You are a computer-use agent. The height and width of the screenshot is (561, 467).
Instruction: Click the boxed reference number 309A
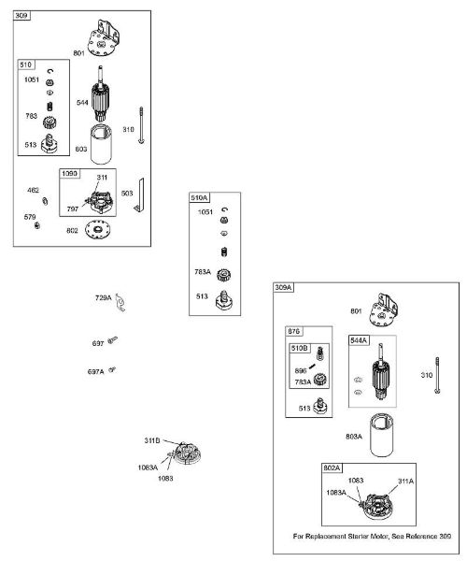pos(283,287)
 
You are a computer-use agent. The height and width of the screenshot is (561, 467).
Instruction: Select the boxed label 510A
pos(199,197)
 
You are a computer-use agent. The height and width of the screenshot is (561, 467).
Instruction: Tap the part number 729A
pos(104,297)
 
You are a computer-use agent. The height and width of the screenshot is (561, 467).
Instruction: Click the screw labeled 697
pos(113,339)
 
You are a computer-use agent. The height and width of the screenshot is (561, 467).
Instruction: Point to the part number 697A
pos(96,372)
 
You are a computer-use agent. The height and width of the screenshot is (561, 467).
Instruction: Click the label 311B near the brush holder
pos(152,440)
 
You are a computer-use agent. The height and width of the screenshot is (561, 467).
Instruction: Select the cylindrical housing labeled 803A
pos(382,435)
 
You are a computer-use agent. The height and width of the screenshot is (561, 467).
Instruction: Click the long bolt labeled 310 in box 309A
pos(437,375)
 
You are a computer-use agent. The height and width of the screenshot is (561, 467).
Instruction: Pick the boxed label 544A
pos(359,340)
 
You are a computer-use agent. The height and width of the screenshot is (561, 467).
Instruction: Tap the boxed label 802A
pos(332,468)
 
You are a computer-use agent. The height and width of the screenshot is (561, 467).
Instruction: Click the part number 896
pos(301,370)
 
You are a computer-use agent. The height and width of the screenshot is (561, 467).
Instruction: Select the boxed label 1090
pos(69,174)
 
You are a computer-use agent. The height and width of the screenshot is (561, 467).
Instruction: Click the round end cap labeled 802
pos(98,229)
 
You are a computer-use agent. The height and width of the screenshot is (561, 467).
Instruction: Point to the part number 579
pos(30,217)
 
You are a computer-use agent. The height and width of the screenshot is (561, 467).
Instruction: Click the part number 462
pos(34,190)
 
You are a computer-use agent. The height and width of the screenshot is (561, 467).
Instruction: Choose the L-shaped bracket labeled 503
pos(141,195)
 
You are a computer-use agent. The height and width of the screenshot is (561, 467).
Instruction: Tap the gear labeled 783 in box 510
pos(50,122)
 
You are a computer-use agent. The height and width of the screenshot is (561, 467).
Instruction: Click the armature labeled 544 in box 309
pos(100,93)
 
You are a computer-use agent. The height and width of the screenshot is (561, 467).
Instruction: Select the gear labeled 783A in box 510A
pos(223,275)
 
